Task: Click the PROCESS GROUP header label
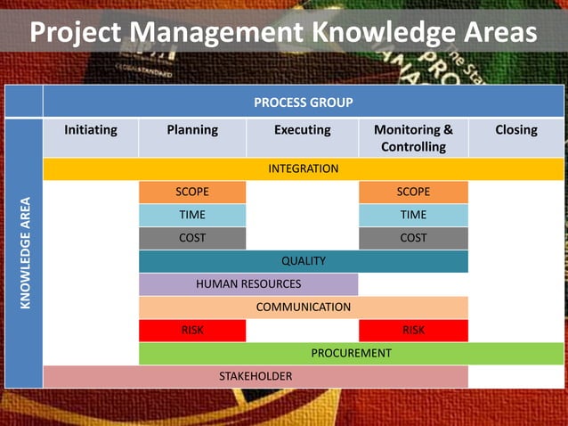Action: (x=304, y=102)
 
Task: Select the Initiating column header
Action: (x=91, y=130)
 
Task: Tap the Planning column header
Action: (x=192, y=130)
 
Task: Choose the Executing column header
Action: (x=302, y=130)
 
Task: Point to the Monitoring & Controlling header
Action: (x=413, y=138)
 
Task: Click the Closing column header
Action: (x=516, y=130)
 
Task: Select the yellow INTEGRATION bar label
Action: (x=304, y=168)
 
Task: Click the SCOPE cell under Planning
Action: (x=192, y=192)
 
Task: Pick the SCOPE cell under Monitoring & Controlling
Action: (x=413, y=192)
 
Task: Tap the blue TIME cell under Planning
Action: (x=192, y=215)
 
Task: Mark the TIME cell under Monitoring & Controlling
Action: (x=413, y=215)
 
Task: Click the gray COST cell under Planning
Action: (x=192, y=238)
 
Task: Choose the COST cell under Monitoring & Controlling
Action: (x=413, y=238)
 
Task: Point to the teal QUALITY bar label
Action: (x=304, y=261)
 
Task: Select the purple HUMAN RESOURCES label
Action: (x=248, y=284)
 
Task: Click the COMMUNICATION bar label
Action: (x=304, y=307)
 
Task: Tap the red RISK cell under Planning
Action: (x=192, y=331)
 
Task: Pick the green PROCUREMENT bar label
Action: (x=351, y=354)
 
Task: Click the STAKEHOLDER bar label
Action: (x=256, y=377)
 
